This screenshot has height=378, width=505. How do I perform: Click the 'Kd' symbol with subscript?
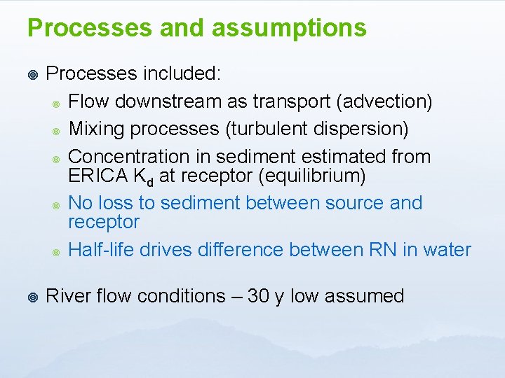pos(144,176)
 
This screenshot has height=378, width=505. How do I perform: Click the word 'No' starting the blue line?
pos(81,203)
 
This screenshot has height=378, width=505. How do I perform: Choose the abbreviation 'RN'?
pos(383,250)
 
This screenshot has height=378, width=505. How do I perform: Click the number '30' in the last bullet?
pos(259,296)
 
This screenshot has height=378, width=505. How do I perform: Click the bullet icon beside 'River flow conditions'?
pos(31,297)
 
